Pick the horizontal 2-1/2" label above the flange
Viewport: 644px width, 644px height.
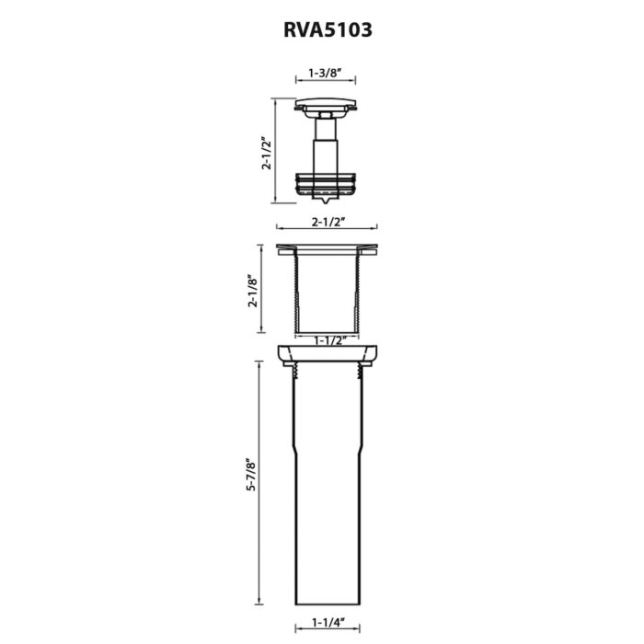tap(327, 221)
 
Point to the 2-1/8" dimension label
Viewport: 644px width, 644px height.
tap(253, 290)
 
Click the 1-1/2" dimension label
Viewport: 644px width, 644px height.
tap(327, 339)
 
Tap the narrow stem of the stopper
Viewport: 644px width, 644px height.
tap(327, 147)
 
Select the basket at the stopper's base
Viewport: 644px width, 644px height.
tap(327, 184)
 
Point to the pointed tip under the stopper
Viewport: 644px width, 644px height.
tap(327, 201)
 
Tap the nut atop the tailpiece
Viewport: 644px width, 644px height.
tap(327, 355)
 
